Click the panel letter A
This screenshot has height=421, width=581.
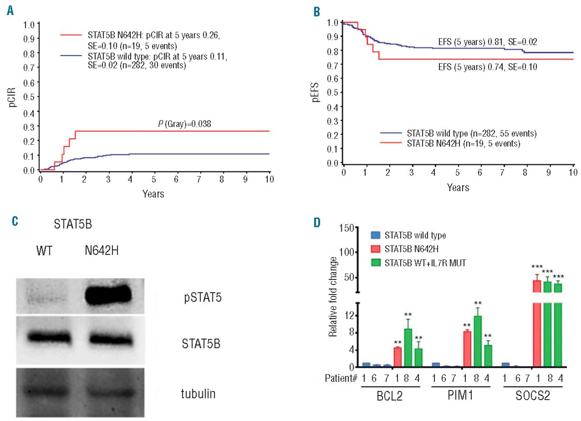click(10, 11)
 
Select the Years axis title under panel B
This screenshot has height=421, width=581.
click(458, 187)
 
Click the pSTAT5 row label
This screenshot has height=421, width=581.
click(198, 299)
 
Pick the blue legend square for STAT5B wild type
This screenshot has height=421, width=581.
click(375, 235)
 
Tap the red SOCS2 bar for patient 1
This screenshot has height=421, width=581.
click(538, 324)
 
